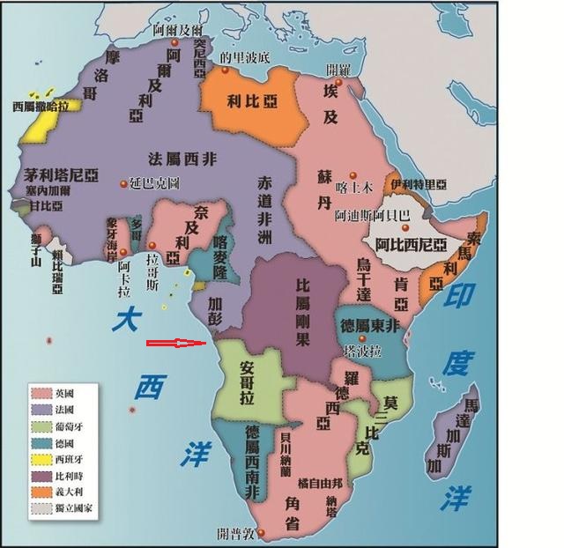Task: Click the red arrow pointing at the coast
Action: pos(176,344)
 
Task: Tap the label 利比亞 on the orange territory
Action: pos(252,100)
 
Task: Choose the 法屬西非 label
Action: pos(184,159)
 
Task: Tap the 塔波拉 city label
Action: pos(363,351)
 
